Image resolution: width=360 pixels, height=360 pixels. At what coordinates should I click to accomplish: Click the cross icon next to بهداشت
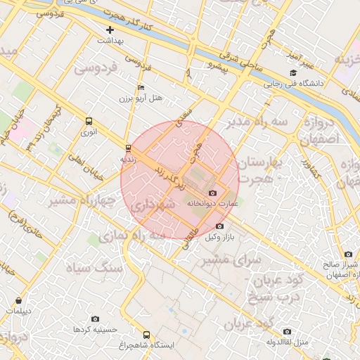(x=110, y=30)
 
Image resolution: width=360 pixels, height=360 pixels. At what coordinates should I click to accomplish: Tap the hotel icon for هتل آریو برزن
(x=141, y=88)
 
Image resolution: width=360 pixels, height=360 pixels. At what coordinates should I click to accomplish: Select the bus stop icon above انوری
(x=88, y=121)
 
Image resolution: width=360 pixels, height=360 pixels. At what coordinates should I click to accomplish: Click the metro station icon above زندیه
(x=127, y=148)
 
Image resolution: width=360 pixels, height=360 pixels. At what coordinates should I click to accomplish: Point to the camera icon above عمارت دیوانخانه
(x=213, y=193)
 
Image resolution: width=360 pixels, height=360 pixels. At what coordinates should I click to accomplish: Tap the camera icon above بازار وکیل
(x=219, y=226)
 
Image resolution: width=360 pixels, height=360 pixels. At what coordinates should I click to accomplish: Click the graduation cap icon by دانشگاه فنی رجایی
(x=292, y=73)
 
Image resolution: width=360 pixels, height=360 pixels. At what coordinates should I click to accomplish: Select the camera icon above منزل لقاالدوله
(x=286, y=331)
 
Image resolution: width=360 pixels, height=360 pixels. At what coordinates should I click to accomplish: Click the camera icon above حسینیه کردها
(x=96, y=319)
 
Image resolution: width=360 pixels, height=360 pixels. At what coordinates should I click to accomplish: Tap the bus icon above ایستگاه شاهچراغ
(x=146, y=335)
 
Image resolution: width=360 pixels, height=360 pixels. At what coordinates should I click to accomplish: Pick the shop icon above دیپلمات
(x=18, y=300)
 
